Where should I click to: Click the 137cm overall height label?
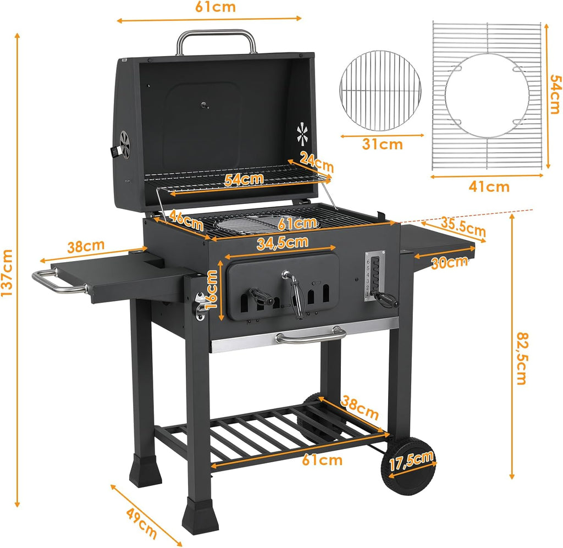pyautogui.click(x=7, y=273)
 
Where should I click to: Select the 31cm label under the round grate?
pyautogui.click(x=382, y=145)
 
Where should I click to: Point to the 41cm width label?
pyautogui.click(x=489, y=187)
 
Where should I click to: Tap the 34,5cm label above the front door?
pyautogui.click(x=282, y=242)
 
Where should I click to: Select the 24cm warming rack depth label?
pyautogui.click(x=317, y=161)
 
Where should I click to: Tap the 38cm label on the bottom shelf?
pyautogui.click(x=358, y=406)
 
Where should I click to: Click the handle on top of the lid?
pyautogui.click(x=216, y=38)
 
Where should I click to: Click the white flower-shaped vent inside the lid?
pyautogui.click(x=301, y=133)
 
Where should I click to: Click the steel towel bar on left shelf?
pyautogui.click(x=55, y=282)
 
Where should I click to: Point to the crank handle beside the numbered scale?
pyautogui.click(x=387, y=300)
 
